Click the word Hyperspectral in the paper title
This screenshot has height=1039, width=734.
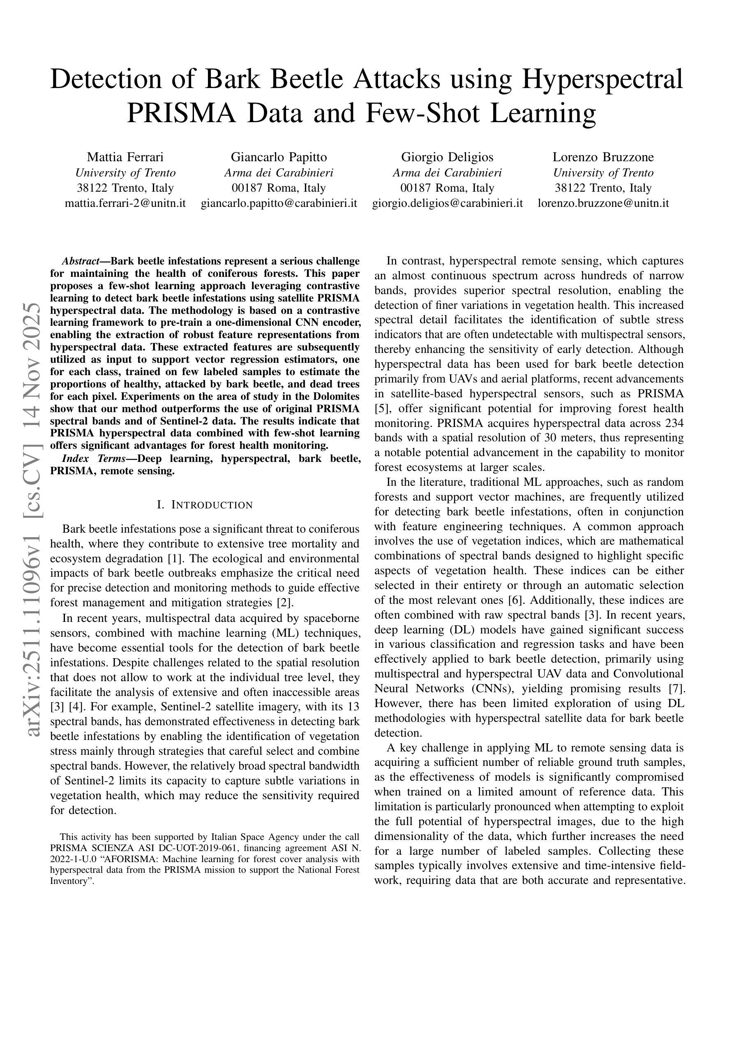pyautogui.click(x=602, y=79)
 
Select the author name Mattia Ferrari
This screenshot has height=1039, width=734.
pyautogui.click(x=125, y=157)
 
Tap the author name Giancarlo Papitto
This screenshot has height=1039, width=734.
pyautogui.click(x=279, y=157)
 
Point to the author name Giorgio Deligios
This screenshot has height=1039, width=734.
pyautogui.click(x=447, y=157)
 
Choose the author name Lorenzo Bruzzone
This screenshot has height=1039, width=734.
pyautogui.click(x=603, y=157)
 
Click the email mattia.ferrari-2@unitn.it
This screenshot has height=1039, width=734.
pyautogui.click(x=125, y=203)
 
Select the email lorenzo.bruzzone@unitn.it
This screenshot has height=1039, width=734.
pyautogui.click(x=603, y=203)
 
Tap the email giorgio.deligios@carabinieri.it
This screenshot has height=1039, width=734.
pyautogui.click(x=447, y=203)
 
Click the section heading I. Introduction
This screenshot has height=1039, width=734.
pyautogui.click(x=204, y=505)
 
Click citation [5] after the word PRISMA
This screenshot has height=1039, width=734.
pyautogui.click(x=379, y=408)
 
